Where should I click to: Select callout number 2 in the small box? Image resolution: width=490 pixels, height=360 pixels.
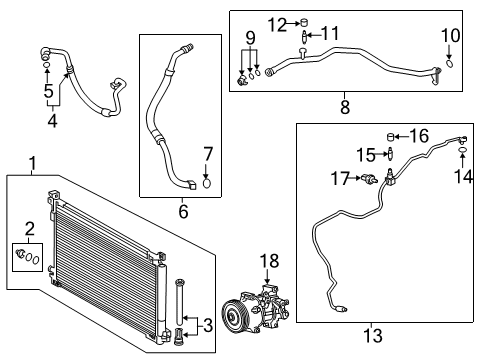point(29,227)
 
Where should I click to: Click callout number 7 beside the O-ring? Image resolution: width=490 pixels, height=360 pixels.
point(208,154)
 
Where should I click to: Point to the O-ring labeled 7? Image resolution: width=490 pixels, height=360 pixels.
point(207,181)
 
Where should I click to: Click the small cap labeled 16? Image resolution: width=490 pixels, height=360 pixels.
point(392,137)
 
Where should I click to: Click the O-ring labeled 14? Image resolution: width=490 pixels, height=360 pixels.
point(463,151)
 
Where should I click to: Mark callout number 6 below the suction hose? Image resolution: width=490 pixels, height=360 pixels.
point(183,210)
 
